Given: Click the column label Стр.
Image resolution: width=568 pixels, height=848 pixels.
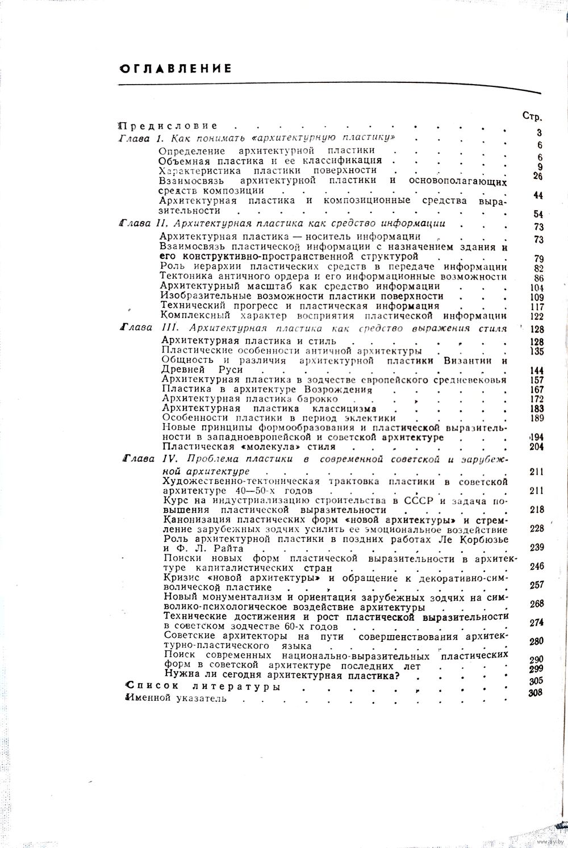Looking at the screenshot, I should pyautogui.click(x=532, y=116).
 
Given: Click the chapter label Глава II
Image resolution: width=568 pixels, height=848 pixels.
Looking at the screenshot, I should pyautogui.click(x=143, y=223).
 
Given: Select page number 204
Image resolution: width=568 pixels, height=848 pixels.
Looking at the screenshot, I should pyautogui.click(x=536, y=447).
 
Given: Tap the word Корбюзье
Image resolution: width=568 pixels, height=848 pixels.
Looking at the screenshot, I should pyautogui.click(x=478, y=538).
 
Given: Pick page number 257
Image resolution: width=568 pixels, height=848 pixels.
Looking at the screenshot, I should pyautogui.click(x=536, y=585).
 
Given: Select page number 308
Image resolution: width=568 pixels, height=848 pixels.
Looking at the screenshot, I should pyautogui.click(x=535, y=692).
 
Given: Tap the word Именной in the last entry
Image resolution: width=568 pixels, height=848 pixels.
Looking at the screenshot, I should pyautogui.click(x=149, y=699).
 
